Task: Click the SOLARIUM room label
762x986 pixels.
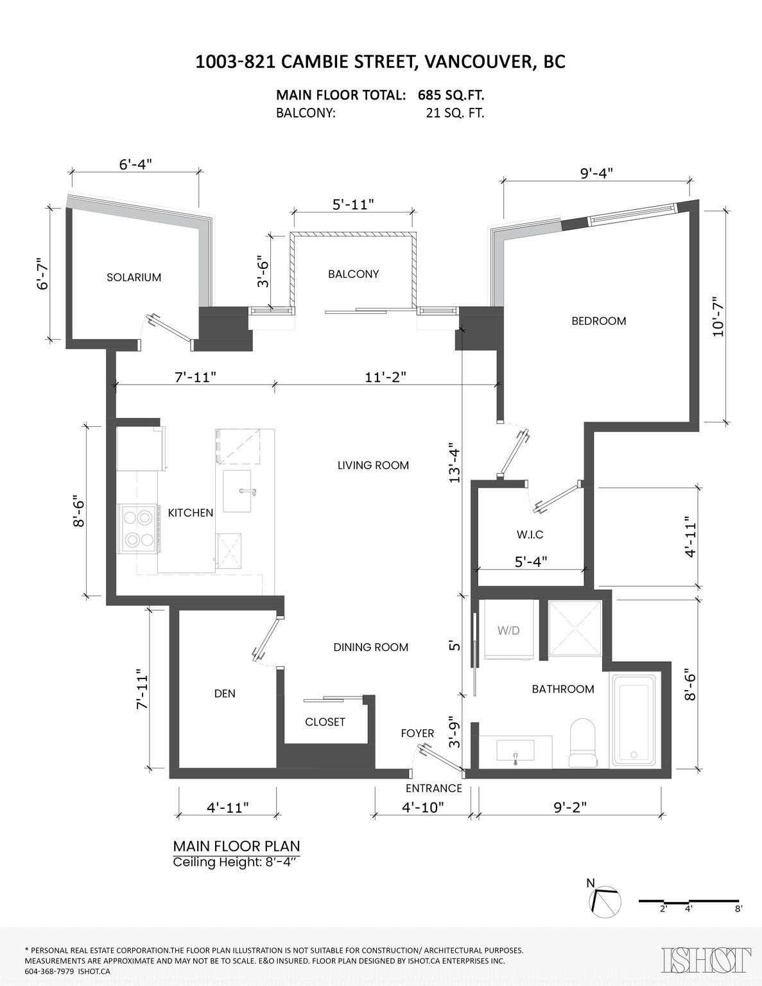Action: [134, 277]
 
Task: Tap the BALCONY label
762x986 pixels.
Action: [353, 273]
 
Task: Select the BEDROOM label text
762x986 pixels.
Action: [598, 320]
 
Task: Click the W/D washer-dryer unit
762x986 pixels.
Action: [508, 630]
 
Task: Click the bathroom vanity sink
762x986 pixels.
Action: [515, 751]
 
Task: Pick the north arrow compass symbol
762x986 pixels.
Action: [605, 902]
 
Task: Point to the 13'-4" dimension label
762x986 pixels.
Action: [455, 462]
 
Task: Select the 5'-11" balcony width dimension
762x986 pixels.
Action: [353, 204]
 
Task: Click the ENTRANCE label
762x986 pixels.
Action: [433, 788]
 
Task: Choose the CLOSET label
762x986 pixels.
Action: [325, 722]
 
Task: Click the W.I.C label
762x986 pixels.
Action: [530, 534]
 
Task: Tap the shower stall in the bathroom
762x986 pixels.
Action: [575, 628]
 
